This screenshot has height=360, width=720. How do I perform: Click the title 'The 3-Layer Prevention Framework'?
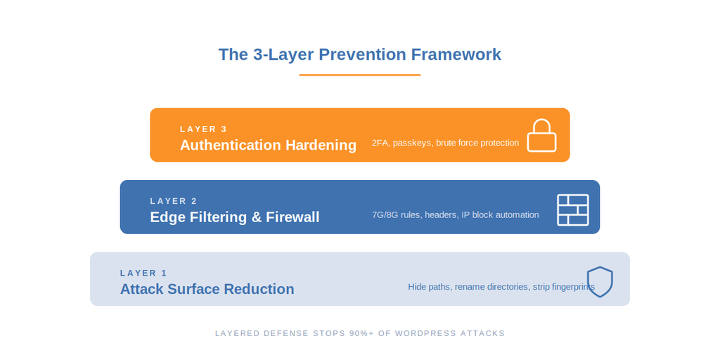pyautogui.click(x=359, y=54)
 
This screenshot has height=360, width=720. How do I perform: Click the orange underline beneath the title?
pyautogui.click(x=359, y=75)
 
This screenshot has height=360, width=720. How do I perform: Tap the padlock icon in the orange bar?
pyautogui.click(x=541, y=136)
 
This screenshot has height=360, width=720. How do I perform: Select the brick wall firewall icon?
pyautogui.click(x=572, y=210)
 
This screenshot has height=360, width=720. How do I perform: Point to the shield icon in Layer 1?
pyautogui.click(x=600, y=281)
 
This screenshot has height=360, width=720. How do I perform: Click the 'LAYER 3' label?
pyautogui.click(x=203, y=129)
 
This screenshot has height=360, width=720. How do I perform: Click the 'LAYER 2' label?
pyautogui.click(x=174, y=201)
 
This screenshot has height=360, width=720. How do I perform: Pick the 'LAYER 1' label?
pyautogui.click(x=143, y=273)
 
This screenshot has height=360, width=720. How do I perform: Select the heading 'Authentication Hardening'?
pyautogui.click(x=268, y=145)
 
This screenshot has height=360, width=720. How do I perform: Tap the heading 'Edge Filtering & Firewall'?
pyautogui.click(x=234, y=217)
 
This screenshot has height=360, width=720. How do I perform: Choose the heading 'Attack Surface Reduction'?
pyautogui.click(x=207, y=289)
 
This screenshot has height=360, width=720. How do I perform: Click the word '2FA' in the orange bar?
pyautogui.click(x=380, y=143)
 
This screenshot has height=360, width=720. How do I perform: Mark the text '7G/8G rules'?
pyautogui.click(x=397, y=214)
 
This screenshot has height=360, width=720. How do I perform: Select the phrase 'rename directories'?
pyautogui.click(x=492, y=287)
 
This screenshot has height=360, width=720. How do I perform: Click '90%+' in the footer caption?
pyautogui.click(x=361, y=333)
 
